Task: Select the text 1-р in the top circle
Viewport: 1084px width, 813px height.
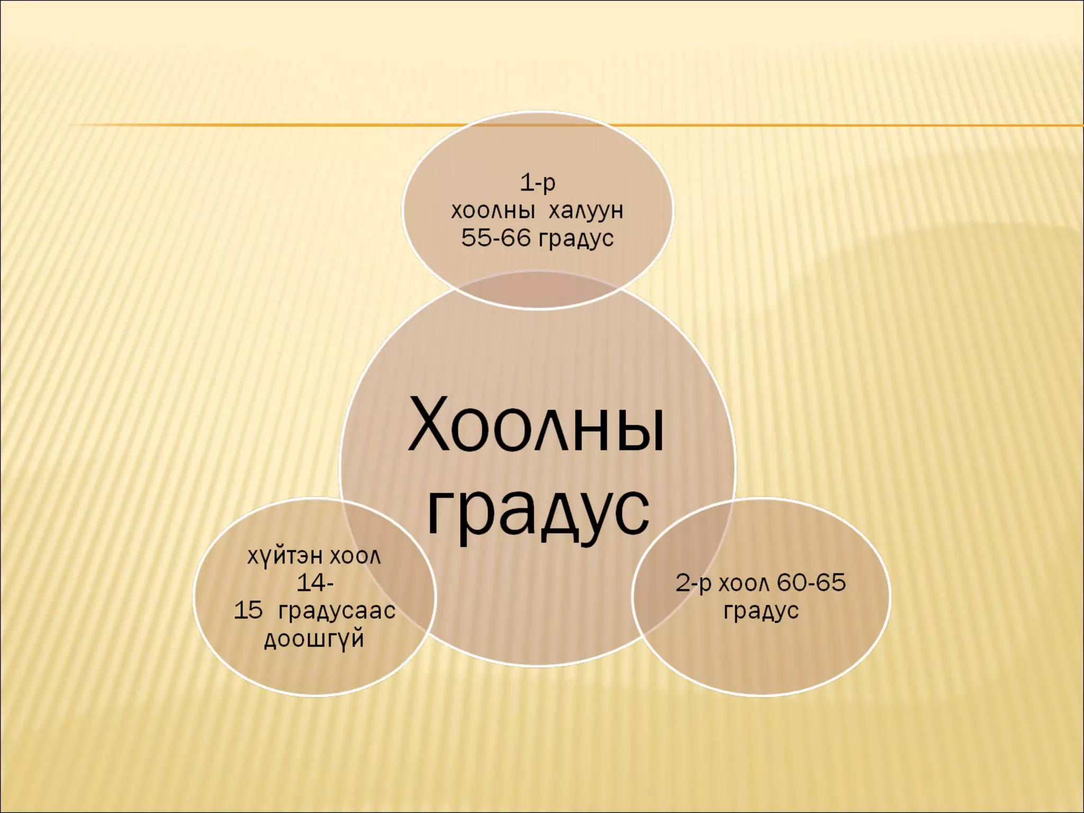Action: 538,183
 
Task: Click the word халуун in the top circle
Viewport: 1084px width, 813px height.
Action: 586,211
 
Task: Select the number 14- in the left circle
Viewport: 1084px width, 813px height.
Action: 315,583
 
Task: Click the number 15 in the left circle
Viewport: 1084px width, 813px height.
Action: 248,611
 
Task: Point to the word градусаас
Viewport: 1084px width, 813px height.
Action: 337,611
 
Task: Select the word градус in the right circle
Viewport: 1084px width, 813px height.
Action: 761,611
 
